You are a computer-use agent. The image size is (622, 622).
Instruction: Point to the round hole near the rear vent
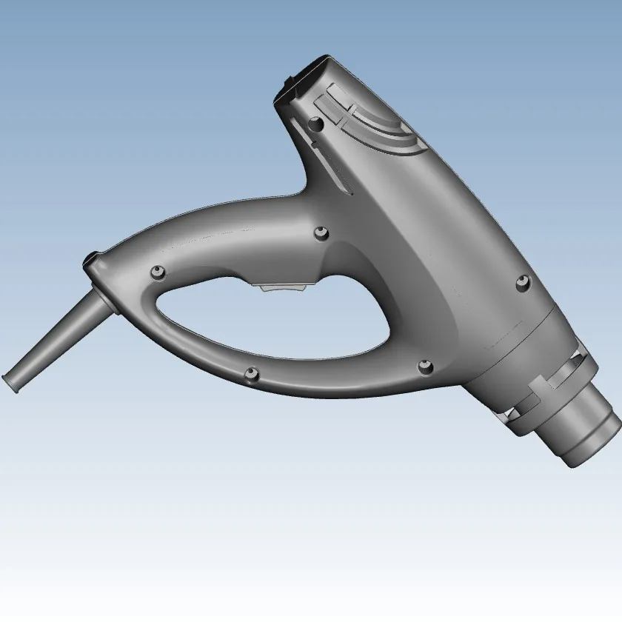tap(316, 126)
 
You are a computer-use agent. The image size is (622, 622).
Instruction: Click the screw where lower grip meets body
tap(425, 364)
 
